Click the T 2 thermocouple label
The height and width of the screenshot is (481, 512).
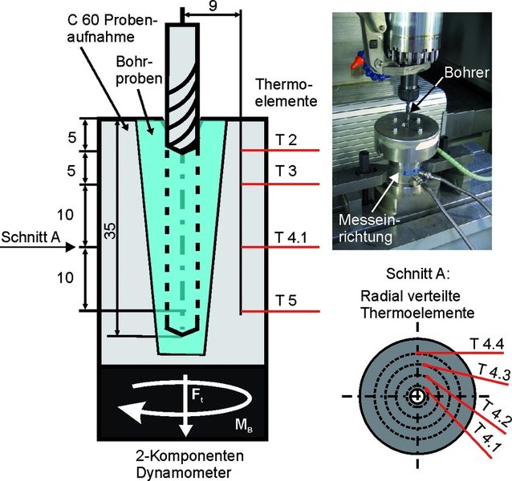tap(285, 141)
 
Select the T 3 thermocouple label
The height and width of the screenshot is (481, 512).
tap(285, 174)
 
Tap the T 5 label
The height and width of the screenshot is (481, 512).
tap(285, 301)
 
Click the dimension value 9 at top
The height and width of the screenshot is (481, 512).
tap(211, 6)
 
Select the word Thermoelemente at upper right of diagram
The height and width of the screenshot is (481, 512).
tap(286, 93)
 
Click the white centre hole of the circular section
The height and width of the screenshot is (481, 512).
tap(417, 397)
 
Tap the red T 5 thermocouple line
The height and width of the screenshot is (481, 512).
tap(281, 311)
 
